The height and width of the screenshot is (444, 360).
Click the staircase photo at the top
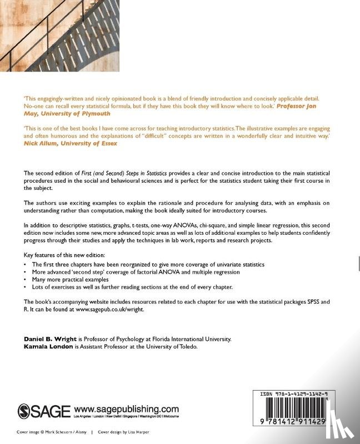59,36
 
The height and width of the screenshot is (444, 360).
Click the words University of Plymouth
80,113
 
